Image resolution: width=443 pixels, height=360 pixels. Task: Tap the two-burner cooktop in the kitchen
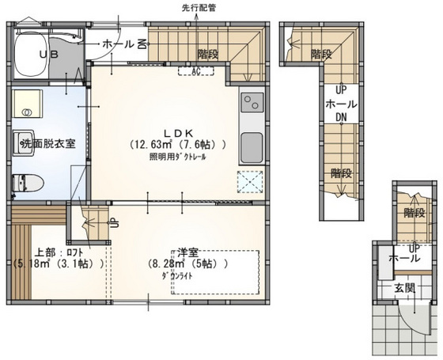coord(252,103)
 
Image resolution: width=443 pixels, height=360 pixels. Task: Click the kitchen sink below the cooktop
coord(252,146)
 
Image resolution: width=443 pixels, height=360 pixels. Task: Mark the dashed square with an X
coord(252,181)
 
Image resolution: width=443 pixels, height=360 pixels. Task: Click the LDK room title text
coord(180,133)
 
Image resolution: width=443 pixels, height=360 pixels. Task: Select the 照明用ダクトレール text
coord(178,157)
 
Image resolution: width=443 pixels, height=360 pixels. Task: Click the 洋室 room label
coord(187,252)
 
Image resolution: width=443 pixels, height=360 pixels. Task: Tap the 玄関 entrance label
coord(406,288)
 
